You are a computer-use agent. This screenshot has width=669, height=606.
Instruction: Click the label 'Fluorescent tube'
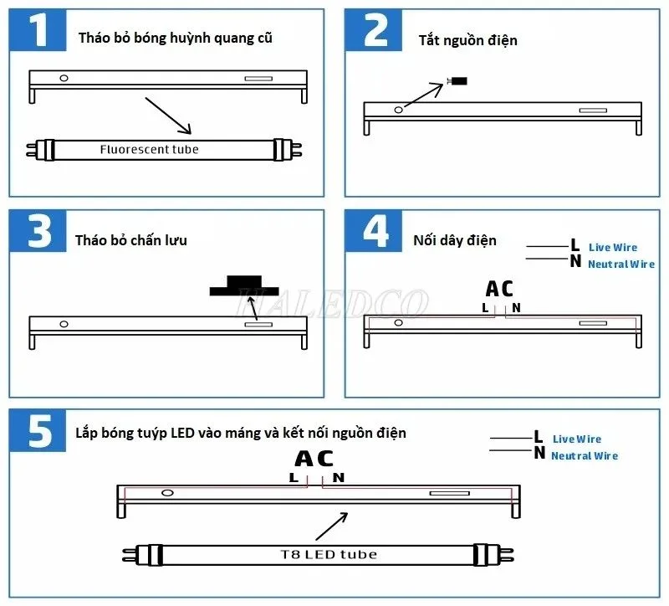[149, 150]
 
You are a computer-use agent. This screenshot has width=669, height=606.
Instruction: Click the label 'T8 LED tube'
[328, 554]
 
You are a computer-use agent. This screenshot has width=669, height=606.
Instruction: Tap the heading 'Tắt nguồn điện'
[467, 40]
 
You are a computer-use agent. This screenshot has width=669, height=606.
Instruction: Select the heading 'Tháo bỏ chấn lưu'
[130, 240]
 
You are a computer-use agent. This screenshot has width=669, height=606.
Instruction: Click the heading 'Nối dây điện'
[454, 240]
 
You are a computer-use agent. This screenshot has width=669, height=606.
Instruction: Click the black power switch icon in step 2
[457, 81]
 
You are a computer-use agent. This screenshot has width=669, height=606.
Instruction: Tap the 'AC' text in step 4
[499, 289]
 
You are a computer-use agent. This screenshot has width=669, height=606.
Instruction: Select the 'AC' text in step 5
[314, 459]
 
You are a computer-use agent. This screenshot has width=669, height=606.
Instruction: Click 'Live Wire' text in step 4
[612, 248]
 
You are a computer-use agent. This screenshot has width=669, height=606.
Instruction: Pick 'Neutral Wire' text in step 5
[584, 456]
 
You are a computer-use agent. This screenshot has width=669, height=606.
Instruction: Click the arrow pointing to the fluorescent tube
[168, 116]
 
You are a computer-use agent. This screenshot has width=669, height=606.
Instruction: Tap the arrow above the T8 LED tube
[331, 526]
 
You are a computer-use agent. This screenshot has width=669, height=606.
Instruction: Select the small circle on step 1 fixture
[63, 79]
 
